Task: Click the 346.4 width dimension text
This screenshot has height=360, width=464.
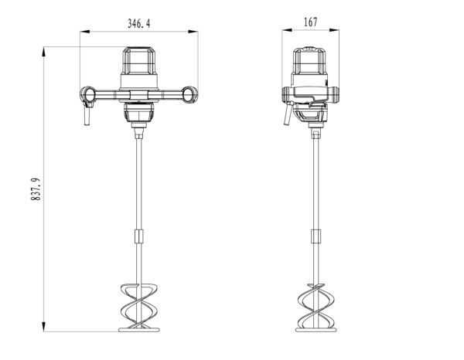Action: (x=138, y=24)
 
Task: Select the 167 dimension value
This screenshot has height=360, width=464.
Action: (x=310, y=22)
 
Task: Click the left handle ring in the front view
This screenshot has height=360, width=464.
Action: (x=90, y=95)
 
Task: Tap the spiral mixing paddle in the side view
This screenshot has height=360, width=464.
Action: (x=313, y=307)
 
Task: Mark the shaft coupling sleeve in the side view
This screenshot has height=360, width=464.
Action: (x=313, y=238)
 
